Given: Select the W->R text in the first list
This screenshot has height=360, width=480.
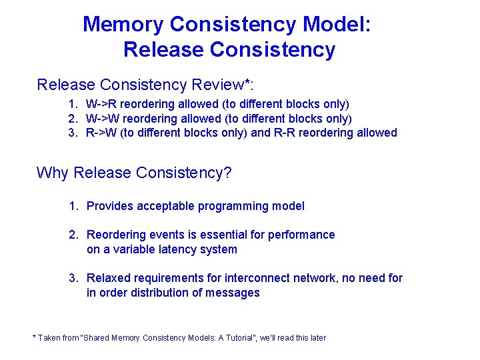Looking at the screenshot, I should click(x=102, y=104).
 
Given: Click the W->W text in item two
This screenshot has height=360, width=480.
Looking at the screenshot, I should click(x=103, y=118).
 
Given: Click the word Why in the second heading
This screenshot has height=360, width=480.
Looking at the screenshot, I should click(x=53, y=173).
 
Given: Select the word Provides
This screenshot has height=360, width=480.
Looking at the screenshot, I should click(x=111, y=206).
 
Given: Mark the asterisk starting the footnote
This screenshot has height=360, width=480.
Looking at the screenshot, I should click(x=34, y=337).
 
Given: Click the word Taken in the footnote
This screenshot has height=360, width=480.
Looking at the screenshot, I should click(x=49, y=338).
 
